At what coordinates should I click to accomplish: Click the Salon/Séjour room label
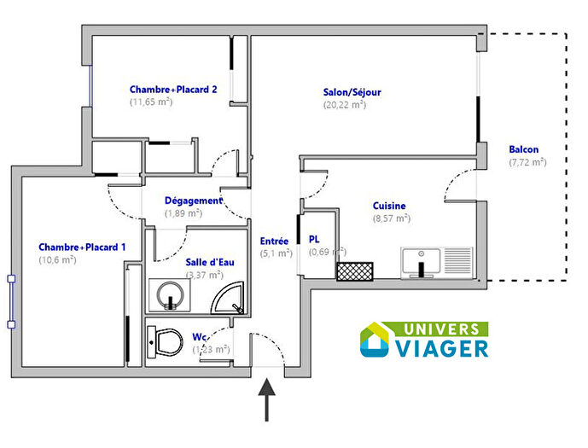coord(352,92)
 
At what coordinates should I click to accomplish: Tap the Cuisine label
coord(388,206)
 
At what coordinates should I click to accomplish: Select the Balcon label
coord(523,148)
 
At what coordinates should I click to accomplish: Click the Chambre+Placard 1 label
coord(82,247)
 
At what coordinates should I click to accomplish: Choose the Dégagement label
coord(193,201)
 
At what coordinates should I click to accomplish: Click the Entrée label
coord(274,241)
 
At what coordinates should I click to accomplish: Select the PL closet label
coord(314,240)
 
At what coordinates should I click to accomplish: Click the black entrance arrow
coord(268,399)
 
